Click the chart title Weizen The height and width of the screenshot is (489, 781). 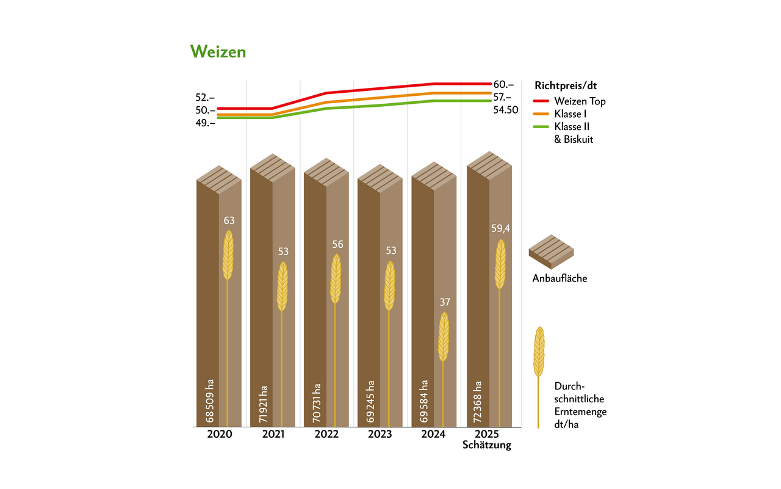(218, 52)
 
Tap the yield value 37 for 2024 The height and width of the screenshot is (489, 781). (444, 302)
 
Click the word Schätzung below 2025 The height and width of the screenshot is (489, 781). (487, 445)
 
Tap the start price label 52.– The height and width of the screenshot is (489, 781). (205, 98)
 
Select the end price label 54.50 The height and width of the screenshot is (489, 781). (506, 110)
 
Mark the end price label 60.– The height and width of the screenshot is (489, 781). (503, 85)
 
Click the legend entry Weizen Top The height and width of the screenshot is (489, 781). (580, 101)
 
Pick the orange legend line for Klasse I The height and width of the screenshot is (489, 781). (541, 114)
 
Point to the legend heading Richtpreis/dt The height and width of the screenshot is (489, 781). (565, 85)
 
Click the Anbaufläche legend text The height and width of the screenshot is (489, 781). (560, 279)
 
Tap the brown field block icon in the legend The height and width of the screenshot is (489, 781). (551, 251)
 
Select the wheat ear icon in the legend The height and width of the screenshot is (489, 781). (539, 352)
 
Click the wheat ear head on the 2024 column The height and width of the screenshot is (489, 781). (444, 337)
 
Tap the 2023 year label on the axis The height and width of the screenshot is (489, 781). (380, 435)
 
